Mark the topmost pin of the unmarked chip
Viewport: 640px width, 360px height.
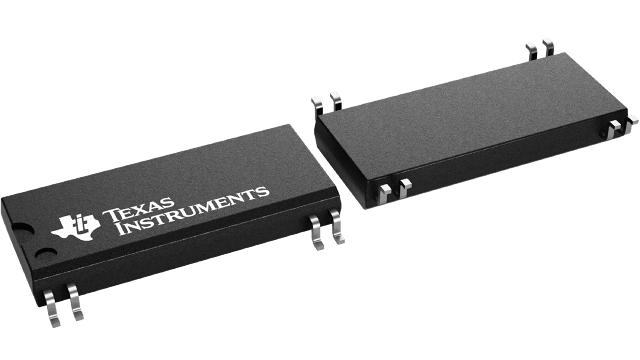tap(548, 45)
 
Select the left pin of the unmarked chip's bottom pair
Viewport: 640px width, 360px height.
tap(386, 192)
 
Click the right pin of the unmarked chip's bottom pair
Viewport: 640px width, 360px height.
tap(405, 187)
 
